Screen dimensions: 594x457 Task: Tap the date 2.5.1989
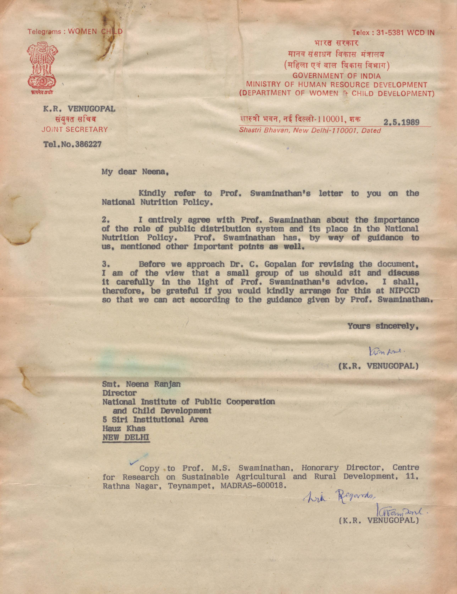click(x=401, y=122)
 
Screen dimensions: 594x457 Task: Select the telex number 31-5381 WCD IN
click(x=405, y=33)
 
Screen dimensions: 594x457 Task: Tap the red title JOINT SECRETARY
click(x=75, y=130)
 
